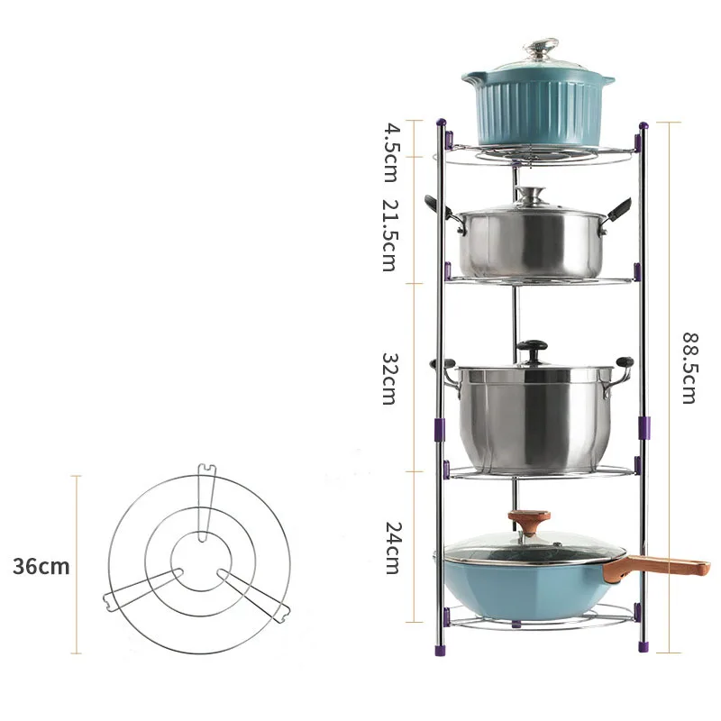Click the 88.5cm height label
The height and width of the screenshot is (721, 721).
point(689,368)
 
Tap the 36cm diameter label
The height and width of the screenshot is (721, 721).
point(41,567)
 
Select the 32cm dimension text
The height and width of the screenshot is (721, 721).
point(389,378)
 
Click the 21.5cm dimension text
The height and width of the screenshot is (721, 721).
point(389,235)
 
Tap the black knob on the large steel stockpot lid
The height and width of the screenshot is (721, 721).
point(533,347)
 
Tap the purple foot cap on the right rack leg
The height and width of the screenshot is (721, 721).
point(643,645)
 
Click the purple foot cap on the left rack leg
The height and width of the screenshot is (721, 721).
point(441,645)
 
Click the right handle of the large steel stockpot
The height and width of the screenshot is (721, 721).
point(622,366)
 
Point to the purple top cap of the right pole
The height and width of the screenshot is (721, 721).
point(643,125)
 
